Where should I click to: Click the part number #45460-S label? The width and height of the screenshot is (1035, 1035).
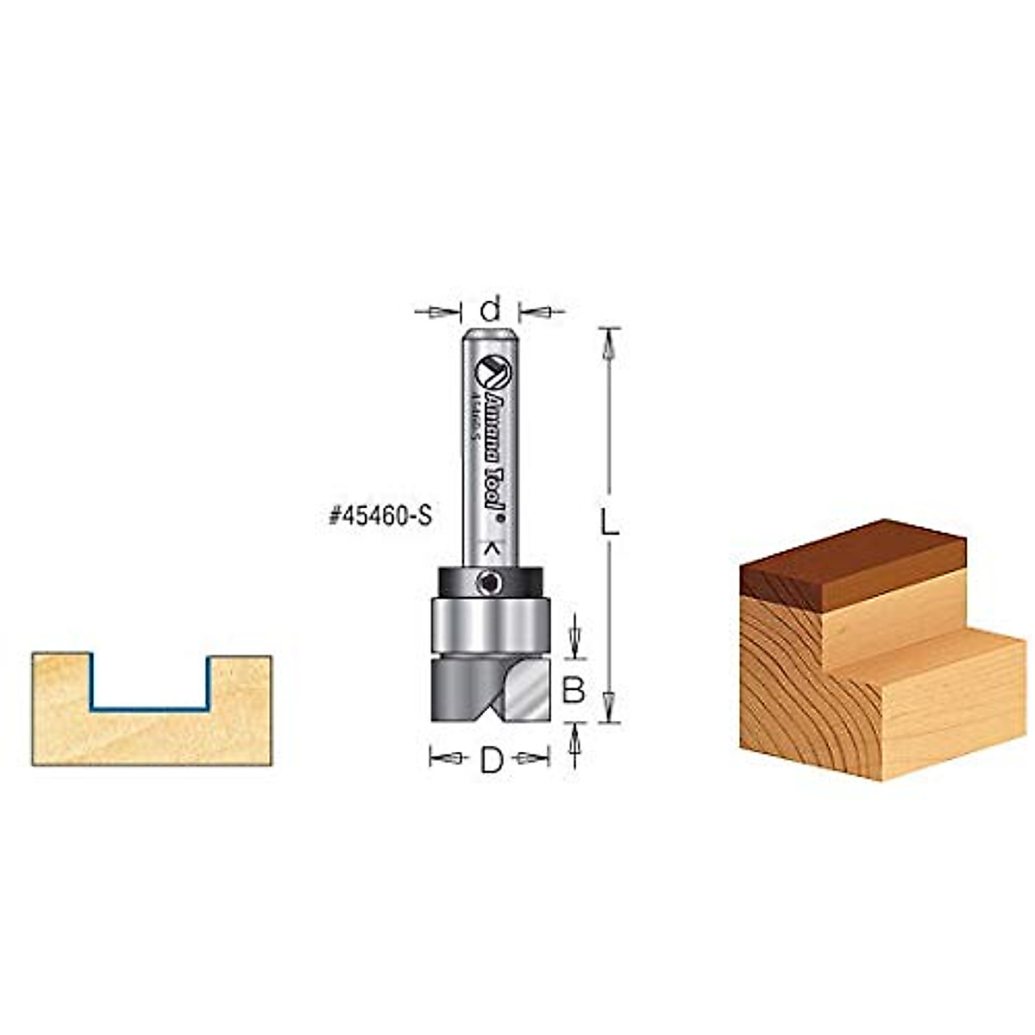379,517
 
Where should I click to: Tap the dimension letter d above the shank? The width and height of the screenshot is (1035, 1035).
490,308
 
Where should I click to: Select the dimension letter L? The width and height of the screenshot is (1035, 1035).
610,524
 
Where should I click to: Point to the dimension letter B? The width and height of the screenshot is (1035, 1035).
574,689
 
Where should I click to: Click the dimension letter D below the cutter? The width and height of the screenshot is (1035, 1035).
491,760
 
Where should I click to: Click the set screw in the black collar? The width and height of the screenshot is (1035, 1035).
488,584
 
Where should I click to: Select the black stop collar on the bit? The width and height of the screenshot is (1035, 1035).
457,580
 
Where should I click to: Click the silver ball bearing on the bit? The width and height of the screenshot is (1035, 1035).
489,624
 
